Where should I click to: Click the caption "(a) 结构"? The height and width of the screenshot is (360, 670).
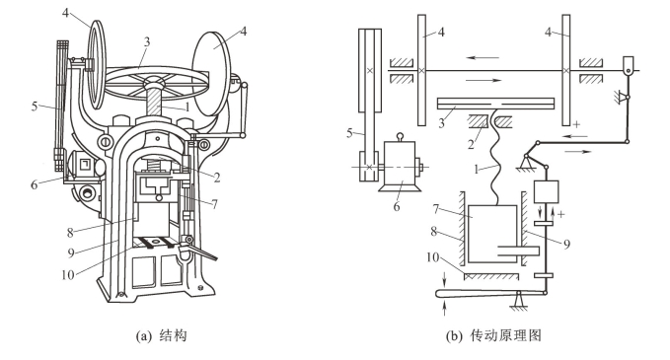coord(161,335)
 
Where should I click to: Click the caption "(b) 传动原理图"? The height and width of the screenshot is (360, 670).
coord(493,335)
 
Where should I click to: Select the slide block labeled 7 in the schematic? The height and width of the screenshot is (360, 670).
coord(492,234)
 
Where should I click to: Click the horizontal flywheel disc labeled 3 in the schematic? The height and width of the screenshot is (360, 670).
coord(495,103)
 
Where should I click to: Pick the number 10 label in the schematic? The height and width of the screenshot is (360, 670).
coord(432,257)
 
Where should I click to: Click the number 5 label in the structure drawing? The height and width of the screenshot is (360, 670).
coord(35,106)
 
